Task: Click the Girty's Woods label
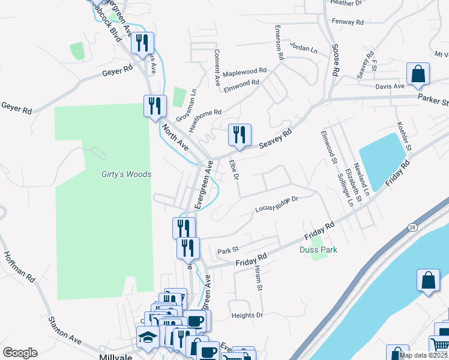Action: (x=126, y=174)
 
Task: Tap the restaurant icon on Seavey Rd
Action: (x=240, y=135)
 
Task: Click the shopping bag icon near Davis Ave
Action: (x=418, y=74)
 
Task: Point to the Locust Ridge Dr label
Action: (x=276, y=204)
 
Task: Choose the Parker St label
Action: (x=433, y=98)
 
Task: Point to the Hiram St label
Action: (x=259, y=278)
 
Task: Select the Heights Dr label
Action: (x=247, y=315)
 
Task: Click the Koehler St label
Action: (x=404, y=137)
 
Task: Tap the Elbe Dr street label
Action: (x=235, y=169)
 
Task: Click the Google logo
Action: (x=20, y=352)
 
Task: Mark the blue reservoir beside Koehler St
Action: (x=382, y=160)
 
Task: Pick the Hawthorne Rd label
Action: (x=205, y=112)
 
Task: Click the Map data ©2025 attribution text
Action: (x=423, y=355)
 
